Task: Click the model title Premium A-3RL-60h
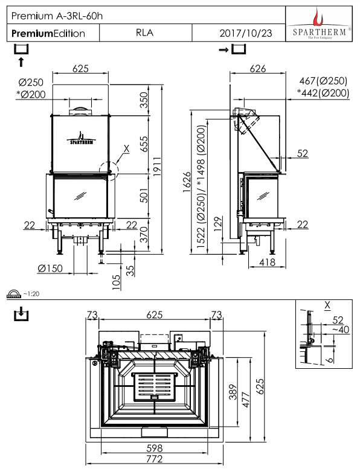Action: click(57, 16)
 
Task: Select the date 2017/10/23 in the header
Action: click(246, 33)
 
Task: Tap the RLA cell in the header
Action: click(144, 33)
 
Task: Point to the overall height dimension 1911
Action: click(157, 167)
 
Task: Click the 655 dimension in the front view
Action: click(144, 144)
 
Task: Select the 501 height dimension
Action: click(144, 196)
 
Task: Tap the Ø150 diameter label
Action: click(50, 268)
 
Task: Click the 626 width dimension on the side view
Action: click(258, 68)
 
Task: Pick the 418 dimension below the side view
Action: click(267, 263)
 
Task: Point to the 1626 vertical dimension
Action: click(187, 182)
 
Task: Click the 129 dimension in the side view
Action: click(219, 224)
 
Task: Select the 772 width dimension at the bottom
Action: click(155, 459)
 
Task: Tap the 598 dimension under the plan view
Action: click(155, 448)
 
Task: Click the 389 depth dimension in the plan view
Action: click(233, 392)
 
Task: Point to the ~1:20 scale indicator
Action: click(31, 294)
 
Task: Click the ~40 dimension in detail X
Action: click(341, 330)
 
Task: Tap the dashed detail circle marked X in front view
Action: click(108, 171)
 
